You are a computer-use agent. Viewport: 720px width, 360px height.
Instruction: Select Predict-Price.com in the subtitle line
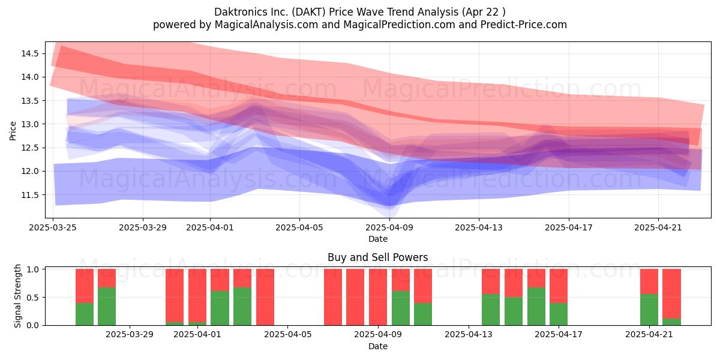(x=524, y=25)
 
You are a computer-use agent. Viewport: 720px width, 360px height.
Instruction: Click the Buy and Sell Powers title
(x=377, y=257)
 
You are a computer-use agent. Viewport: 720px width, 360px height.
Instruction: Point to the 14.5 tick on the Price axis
(x=30, y=53)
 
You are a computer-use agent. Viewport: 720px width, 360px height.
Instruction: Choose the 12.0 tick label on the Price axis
(x=30, y=172)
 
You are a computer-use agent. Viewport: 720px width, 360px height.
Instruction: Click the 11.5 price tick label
(x=30, y=195)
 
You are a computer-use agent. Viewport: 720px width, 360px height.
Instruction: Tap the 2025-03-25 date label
(x=53, y=227)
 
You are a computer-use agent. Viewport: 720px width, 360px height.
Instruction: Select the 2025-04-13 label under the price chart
(x=479, y=227)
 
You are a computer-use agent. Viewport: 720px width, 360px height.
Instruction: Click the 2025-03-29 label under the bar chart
(x=130, y=335)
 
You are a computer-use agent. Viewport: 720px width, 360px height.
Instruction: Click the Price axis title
(x=13, y=131)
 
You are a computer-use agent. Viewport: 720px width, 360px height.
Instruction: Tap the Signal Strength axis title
(x=17, y=296)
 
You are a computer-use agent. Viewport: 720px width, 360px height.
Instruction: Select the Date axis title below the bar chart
(x=377, y=346)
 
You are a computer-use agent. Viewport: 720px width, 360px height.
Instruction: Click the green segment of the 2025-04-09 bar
(x=401, y=308)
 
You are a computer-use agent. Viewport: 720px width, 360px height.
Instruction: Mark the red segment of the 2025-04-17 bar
(x=559, y=286)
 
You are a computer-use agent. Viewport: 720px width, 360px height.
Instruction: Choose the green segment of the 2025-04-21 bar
(x=649, y=310)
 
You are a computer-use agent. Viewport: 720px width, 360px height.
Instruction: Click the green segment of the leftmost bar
(x=85, y=314)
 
